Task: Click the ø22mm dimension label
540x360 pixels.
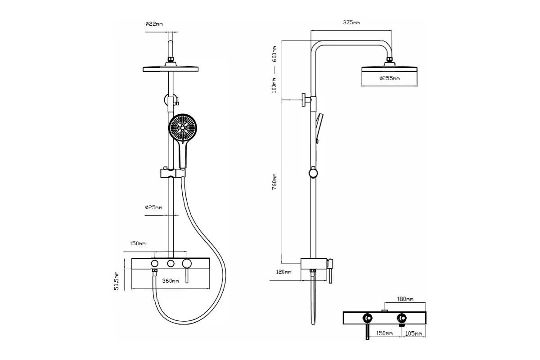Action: click(154, 24)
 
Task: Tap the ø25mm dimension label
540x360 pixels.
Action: click(153, 207)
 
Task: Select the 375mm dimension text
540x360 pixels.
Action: click(351, 22)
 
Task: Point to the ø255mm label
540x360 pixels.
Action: click(390, 78)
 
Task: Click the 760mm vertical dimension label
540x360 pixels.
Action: click(274, 181)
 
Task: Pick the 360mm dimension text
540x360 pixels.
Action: click(171, 281)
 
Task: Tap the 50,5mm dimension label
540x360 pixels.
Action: click(117, 281)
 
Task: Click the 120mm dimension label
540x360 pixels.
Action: click(283, 272)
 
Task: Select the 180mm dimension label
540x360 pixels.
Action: click(405, 299)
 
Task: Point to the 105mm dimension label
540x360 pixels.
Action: click(414, 333)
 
